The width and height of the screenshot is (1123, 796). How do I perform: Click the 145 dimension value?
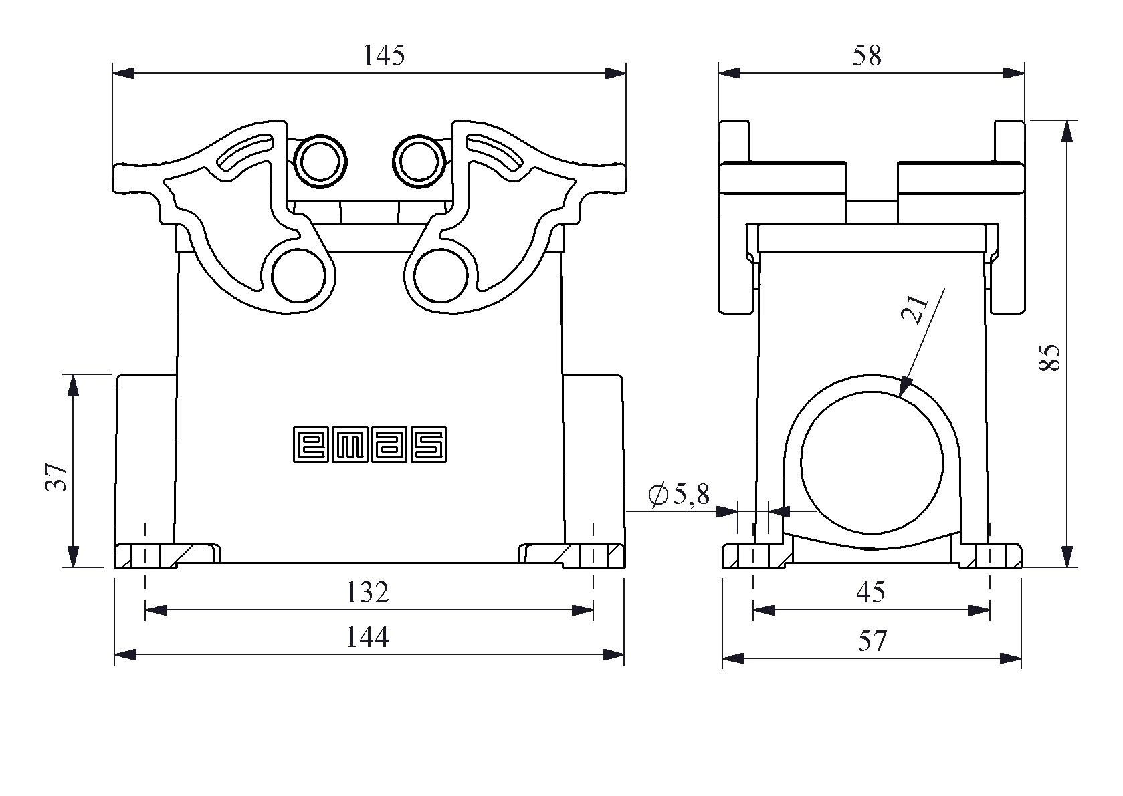tap(383, 56)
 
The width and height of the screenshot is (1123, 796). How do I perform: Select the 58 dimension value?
tap(867, 56)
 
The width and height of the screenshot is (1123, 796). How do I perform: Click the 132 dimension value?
tap(367, 592)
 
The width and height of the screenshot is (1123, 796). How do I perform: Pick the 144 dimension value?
tap(367, 638)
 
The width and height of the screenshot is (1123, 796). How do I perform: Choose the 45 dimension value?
tap(870, 592)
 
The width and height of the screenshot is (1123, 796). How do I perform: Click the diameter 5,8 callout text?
tap(678, 495)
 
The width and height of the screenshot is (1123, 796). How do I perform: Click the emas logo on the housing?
tap(370, 444)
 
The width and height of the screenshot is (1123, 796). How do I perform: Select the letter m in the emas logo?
tap(350, 444)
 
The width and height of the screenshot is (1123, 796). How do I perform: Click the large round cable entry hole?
tap(872, 462)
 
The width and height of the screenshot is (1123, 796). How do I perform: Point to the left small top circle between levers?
tap(322, 161)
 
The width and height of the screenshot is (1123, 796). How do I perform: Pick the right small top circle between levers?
tap(419, 161)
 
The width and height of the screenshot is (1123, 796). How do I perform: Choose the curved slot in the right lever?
tap(494, 153)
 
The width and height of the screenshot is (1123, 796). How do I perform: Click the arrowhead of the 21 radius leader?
tap(905, 388)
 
